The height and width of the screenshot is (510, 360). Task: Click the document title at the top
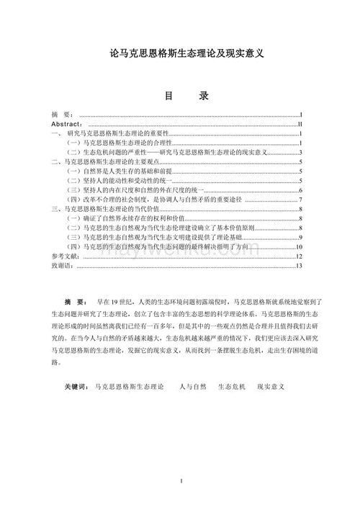[180, 55]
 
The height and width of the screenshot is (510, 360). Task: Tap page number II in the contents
[299, 125]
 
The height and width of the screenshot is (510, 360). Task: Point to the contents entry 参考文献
[62, 256]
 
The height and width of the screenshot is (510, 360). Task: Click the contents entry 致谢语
[62, 265]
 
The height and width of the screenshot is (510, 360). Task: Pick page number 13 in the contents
[298, 265]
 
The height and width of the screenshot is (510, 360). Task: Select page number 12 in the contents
[298, 256]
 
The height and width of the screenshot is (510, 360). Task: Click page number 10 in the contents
[298, 246]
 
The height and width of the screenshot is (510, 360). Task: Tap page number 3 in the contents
[300, 153]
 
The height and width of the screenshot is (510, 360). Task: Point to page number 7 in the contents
[300, 200]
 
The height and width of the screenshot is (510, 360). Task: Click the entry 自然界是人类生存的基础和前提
[119, 171]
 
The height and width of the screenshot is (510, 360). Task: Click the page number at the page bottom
[181, 480]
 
